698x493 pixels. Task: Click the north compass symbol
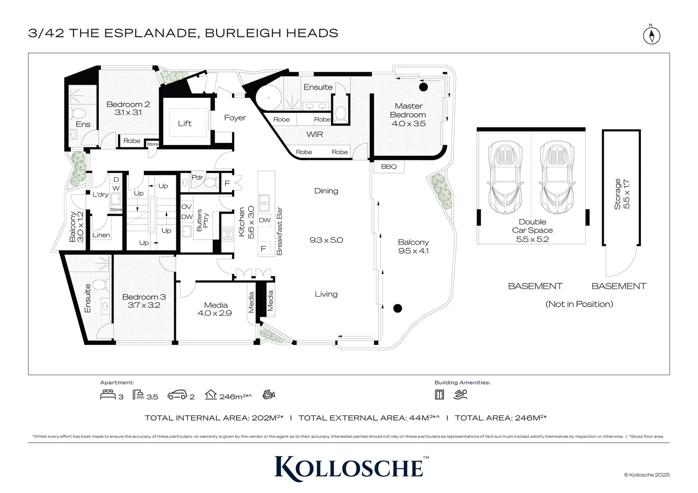(651, 35)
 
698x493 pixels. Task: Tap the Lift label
(185, 123)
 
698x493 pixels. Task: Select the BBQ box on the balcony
(389, 167)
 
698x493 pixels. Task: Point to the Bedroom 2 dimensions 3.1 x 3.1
(128, 112)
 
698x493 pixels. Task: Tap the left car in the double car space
(505, 178)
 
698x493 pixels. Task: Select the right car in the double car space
(557, 178)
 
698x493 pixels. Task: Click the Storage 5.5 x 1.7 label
(622, 194)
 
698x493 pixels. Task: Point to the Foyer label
(235, 118)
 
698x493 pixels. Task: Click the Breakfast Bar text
(280, 231)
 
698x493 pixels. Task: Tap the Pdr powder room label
(197, 177)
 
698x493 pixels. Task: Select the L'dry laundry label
(100, 194)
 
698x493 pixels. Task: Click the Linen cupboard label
(101, 235)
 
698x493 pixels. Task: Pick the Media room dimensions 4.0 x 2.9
(214, 313)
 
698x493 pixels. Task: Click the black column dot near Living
(397, 308)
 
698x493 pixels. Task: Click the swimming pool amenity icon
(460, 394)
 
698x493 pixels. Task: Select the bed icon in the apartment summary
(108, 395)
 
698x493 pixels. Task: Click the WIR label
(315, 134)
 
